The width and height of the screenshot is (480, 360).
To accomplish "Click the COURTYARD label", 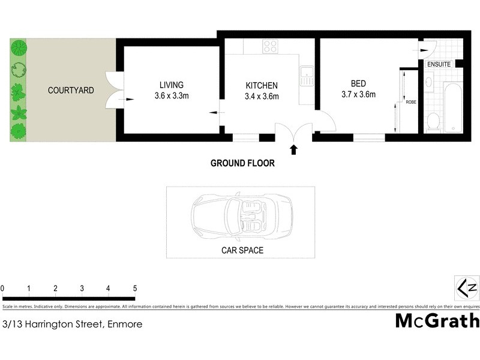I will click(71, 91).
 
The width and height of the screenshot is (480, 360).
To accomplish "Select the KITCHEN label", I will click(262, 85).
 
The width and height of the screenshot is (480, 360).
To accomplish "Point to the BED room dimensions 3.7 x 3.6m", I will click(358, 94).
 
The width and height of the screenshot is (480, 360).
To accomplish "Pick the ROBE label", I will click(411, 102).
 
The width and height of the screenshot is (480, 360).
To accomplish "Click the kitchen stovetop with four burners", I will click(270, 46).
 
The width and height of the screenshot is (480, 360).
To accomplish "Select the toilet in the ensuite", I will click(432, 122).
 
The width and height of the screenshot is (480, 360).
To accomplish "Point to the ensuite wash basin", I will click(430, 82).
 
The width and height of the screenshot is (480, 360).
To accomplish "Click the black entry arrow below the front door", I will click(294, 149).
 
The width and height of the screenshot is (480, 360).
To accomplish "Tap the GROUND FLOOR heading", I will click(242, 163).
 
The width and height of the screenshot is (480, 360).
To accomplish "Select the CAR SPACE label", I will click(241, 250).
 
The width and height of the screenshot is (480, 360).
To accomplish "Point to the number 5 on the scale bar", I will click(135, 289).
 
